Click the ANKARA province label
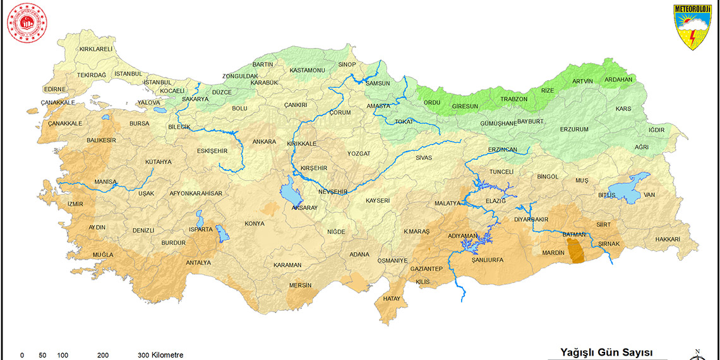pyautogui.click(x=264, y=141)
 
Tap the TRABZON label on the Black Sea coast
pyautogui.click(x=513, y=99)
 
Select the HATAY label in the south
pyautogui.click(x=392, y=299)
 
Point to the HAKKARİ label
pyautogui.click(x=668, y=239)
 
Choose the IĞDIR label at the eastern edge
pyautogui.click(x=657, y=130)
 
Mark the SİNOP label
pyautogui.click(x=347, y=64)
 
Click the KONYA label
pyautogui.click(x=255, y=224)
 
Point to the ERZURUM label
pyautogui.click(x=574, y=129)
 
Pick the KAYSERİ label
pyautogui.click(x=378, y=201)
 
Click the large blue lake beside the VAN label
pyautogui.click(x=632, y=187)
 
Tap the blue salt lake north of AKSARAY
pyautogui.click(x=291, y=192)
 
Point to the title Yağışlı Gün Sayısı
pyautogui.click(x=606, y=352)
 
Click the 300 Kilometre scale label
pyautogui.click(x=160, y=355)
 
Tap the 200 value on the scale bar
pyautogui.click(x=104, y=355)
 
